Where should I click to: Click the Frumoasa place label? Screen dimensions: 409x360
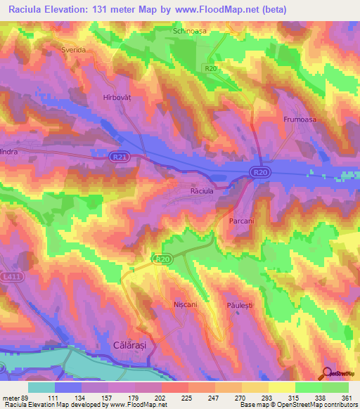[x=300, y=120]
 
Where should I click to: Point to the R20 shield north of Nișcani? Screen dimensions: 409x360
[x=162, y=260]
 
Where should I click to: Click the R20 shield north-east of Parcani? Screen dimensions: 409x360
[x=260, y=171]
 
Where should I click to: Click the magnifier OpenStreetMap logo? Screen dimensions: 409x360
[x=328, y=373]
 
